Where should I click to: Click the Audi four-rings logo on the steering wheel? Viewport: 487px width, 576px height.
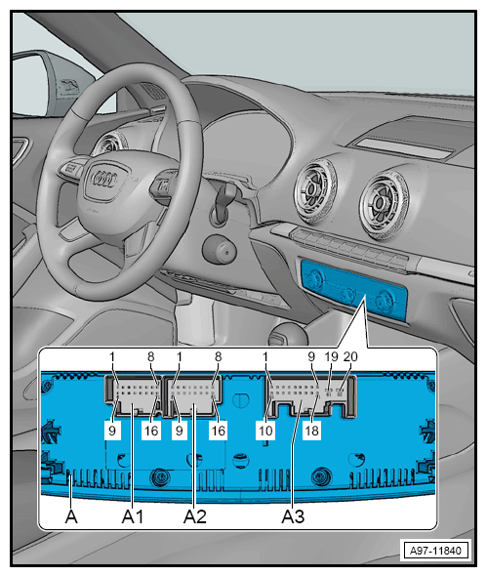(103, 179)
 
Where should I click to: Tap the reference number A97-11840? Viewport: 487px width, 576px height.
(435, 551)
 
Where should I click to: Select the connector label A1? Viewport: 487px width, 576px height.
(133, 516)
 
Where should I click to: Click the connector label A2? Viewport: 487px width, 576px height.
(194, 516)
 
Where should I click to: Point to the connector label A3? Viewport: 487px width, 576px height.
(293, 516)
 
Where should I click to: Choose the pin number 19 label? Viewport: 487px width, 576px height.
(331, 356)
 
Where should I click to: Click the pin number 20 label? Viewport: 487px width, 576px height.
(350, 356)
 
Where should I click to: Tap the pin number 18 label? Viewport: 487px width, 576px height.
(311, 431)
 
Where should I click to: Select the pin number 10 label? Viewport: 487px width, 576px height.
(265, 431)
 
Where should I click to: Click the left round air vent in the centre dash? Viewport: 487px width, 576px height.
(315, 191)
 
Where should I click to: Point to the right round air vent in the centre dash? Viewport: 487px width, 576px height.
(384, 205)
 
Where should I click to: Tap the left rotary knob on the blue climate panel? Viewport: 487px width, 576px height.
(315, 279)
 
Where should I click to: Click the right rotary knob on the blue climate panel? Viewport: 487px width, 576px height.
(385, 300)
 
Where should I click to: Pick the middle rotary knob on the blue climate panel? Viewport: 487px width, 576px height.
(347, 294)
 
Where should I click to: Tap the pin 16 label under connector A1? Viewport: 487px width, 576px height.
(151, 431)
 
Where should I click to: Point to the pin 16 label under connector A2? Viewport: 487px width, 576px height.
(218, 431)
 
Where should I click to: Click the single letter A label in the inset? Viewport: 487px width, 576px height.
(71, 516)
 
